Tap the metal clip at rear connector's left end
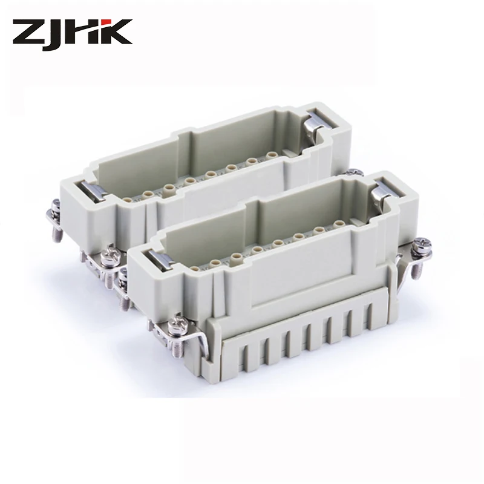(93, 191)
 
